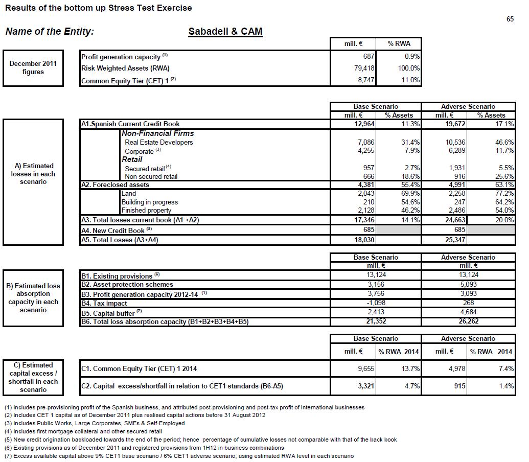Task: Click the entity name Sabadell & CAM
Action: (x=225, y=31)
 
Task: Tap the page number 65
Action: (x=510, y=19)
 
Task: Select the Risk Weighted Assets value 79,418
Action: (x=363, y=68)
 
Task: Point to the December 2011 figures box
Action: (x=33, y=68)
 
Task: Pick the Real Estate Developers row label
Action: (x=158, y=142)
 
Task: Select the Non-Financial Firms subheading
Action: (x=157, y=133)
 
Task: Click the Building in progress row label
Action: (x=149, y=202)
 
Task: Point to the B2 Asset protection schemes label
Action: (x=127, y=285)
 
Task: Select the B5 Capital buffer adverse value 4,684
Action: (x=469, y=312)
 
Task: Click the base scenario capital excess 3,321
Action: (x=365, y=386)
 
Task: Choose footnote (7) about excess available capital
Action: (x=179, y=456)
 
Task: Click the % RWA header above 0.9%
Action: (x=398, y=44)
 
